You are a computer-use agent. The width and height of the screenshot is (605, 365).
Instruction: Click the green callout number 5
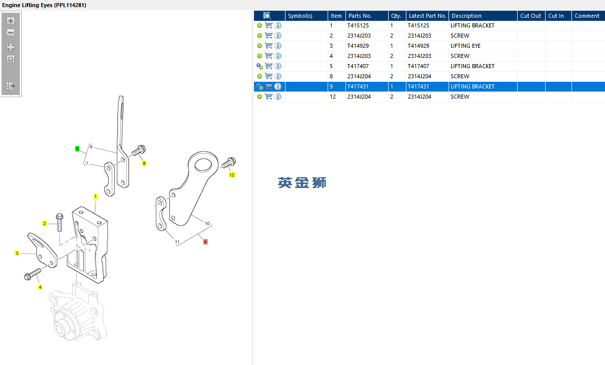[x=77, y=149]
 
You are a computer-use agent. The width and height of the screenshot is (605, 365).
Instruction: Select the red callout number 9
[x=205, y=242]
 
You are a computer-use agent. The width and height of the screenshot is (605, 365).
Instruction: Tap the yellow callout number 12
[x=232, y=175]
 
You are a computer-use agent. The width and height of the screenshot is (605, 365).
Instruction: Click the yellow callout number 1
[x=95, y=197]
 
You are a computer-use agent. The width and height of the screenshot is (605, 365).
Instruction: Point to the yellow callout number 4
[x=40, y=287]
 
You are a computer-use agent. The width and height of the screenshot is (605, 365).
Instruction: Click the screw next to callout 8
[x=139, y=150]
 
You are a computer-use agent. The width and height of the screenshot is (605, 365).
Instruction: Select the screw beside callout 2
[x=59, y=222]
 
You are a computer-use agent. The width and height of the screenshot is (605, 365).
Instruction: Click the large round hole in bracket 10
[x=203, y=165]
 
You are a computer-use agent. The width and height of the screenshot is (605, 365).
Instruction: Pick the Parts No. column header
[x=360, y=16]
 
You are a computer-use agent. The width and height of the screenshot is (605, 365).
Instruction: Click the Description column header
[x=466, y=16]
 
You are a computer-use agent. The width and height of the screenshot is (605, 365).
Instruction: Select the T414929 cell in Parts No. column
[x=358, y=46]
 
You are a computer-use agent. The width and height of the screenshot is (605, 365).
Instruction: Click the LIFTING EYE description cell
[x=466, y=46]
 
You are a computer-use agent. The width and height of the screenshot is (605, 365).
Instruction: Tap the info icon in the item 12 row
[x=278, y=97]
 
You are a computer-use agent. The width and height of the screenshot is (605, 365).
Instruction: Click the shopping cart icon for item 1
[x=269, y=25]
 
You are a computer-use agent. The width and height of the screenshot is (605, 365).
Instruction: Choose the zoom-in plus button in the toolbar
[x=11, y=21]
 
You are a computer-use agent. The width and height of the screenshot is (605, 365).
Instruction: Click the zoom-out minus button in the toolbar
[x=11, y=33]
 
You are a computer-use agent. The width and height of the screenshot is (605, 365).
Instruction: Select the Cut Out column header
[x=530, y=16]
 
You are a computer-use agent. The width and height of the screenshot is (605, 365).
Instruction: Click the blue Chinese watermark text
[x=302, y=182]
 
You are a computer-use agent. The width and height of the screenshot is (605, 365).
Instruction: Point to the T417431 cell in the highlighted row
[x=358, y=86]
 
